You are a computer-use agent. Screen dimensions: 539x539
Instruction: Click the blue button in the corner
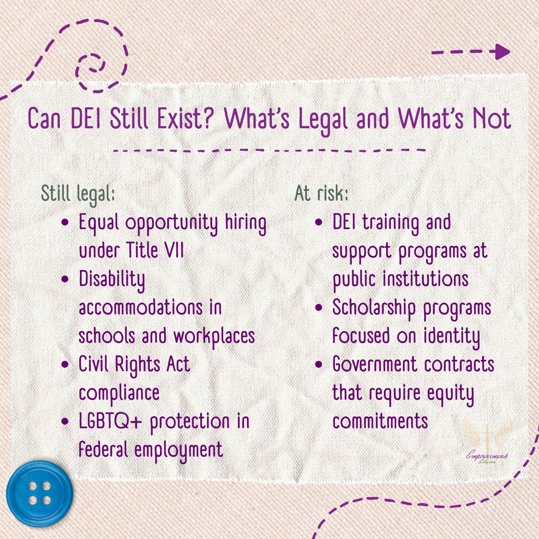[39, 494]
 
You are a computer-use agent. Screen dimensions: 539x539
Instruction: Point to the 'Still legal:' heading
[78, 194]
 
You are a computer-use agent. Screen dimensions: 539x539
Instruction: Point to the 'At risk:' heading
[321, 194]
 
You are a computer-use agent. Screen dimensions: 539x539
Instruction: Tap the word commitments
[380, 422]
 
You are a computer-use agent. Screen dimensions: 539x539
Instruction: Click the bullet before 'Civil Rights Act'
[65, 365]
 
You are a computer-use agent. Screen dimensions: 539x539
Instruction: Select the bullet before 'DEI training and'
[319, 223]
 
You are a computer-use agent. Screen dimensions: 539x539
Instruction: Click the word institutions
[425, 279]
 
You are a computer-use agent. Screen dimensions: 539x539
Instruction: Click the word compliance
[119, 393]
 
